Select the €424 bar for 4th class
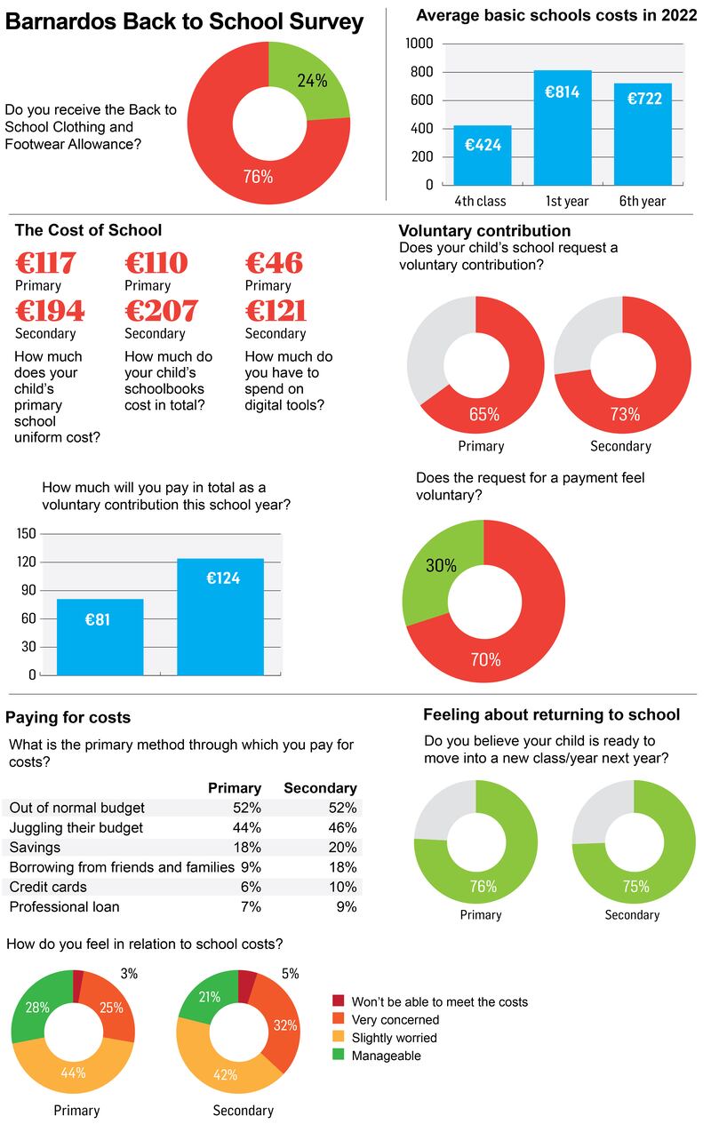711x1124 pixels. point(483,155)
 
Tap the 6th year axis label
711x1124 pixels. point(642,202)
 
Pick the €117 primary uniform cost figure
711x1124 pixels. point(45,264)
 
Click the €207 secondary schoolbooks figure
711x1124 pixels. point(161,311)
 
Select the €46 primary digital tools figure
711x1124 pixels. point(274,264)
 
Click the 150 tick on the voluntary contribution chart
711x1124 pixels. point(26,534)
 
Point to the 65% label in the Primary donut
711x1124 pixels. point(484,414)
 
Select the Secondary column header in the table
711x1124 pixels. point(320,788)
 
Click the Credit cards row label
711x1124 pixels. point(48,887)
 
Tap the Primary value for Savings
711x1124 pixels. point(248,847)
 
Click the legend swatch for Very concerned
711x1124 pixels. point(338,1020)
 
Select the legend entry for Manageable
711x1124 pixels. point(386,1056)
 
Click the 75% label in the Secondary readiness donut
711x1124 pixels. point(636,886)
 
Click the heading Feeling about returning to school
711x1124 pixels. point(551,714)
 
